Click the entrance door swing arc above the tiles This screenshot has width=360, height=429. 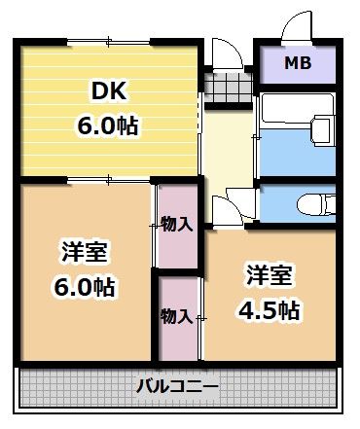tap(225, 53)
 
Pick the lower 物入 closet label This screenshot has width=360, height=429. tap(176, 316)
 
